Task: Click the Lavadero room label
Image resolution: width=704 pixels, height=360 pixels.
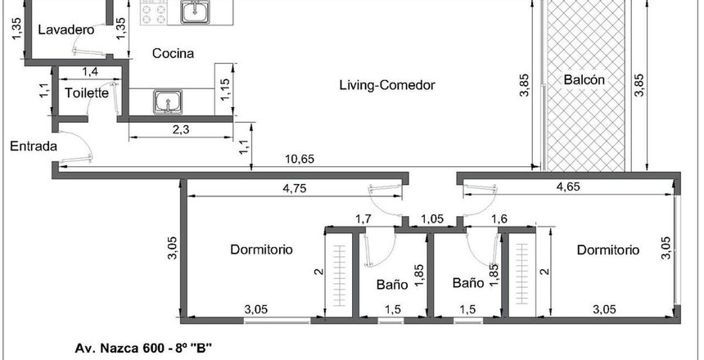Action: (66, 30)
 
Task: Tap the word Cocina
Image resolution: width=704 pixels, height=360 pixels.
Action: (174, 53)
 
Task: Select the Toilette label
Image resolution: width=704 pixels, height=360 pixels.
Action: (87, 93)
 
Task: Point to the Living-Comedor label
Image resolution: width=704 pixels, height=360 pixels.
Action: (387, 85)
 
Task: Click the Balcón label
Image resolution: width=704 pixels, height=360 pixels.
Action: (584, 80)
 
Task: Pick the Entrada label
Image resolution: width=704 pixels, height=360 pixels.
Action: (34, 146)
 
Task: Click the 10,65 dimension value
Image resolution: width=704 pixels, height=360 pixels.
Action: (300, 159)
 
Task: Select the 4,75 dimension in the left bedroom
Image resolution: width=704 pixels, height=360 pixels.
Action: (295, 188)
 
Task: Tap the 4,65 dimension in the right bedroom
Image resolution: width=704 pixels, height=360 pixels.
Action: (568, 187)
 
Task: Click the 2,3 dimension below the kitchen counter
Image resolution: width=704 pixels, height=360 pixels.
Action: (180, 130)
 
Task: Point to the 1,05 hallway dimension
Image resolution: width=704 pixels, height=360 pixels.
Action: (431, 219)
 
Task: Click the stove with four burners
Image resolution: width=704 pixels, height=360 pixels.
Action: (154, 13)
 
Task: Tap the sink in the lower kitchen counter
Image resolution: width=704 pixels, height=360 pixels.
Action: (168, 101)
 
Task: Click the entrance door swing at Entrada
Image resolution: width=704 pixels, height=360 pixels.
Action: (77, 146)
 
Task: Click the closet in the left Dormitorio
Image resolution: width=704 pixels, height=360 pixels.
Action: (340, 275)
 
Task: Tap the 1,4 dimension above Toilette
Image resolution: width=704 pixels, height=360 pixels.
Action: (90, 71)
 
